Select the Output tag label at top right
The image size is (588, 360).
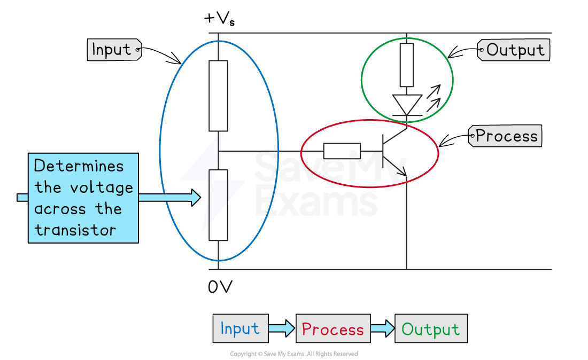(514, 50)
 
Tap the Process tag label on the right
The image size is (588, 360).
(505, 136)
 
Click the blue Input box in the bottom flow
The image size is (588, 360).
(240, 328)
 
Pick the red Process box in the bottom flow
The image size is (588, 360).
(332, 328)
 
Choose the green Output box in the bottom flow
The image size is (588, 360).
(430, 328)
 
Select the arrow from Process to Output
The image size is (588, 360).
(382, 328)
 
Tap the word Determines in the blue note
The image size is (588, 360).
(79, 166)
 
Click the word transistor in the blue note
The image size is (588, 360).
(75, 230)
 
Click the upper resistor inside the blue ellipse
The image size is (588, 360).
(218, 95)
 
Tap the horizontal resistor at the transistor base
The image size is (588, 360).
(342, 151)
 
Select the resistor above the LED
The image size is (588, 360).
(407, 65)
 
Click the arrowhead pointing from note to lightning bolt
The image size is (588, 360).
(195, 198)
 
